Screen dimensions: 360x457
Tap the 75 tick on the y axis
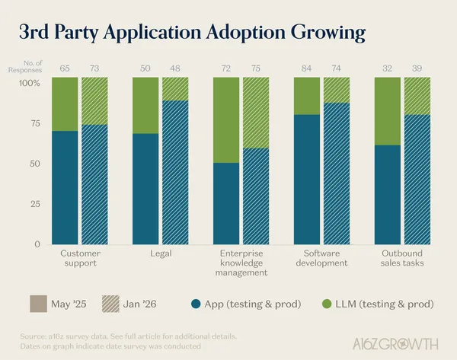(34, 124)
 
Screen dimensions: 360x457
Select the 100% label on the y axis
(30, 83)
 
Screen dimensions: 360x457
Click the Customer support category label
(75, 258)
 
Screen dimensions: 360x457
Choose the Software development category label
(321, 258)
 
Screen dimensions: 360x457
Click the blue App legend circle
(196, 304)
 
